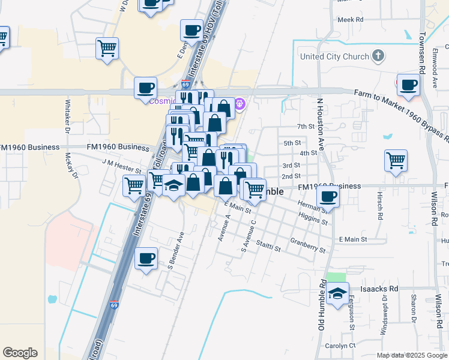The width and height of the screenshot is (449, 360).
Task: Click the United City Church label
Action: (x=334, y=57)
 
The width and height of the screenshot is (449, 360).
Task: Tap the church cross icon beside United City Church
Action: (x=378, y=57)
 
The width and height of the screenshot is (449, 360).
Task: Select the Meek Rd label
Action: (x=351, y=20)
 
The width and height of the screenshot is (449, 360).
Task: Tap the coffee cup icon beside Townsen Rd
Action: (x=408, y=85)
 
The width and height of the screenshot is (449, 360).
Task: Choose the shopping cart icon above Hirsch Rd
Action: (x=396, y=160)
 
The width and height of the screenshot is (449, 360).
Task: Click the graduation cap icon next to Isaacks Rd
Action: (x=338, y=293)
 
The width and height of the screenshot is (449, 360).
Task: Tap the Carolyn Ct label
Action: (x=340, y=346)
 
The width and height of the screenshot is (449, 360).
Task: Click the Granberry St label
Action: (x=307, y=245)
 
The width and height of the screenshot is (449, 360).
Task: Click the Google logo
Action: (x=20, y=353)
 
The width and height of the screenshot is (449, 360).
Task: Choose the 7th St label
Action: (x=306, y=127)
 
